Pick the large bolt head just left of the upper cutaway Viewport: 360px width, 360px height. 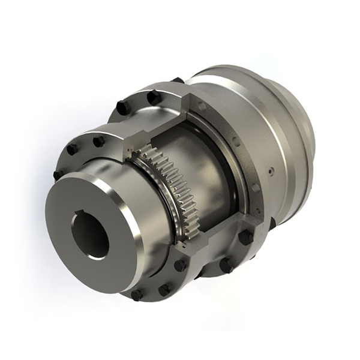152,97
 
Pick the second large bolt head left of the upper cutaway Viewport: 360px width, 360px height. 122,108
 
